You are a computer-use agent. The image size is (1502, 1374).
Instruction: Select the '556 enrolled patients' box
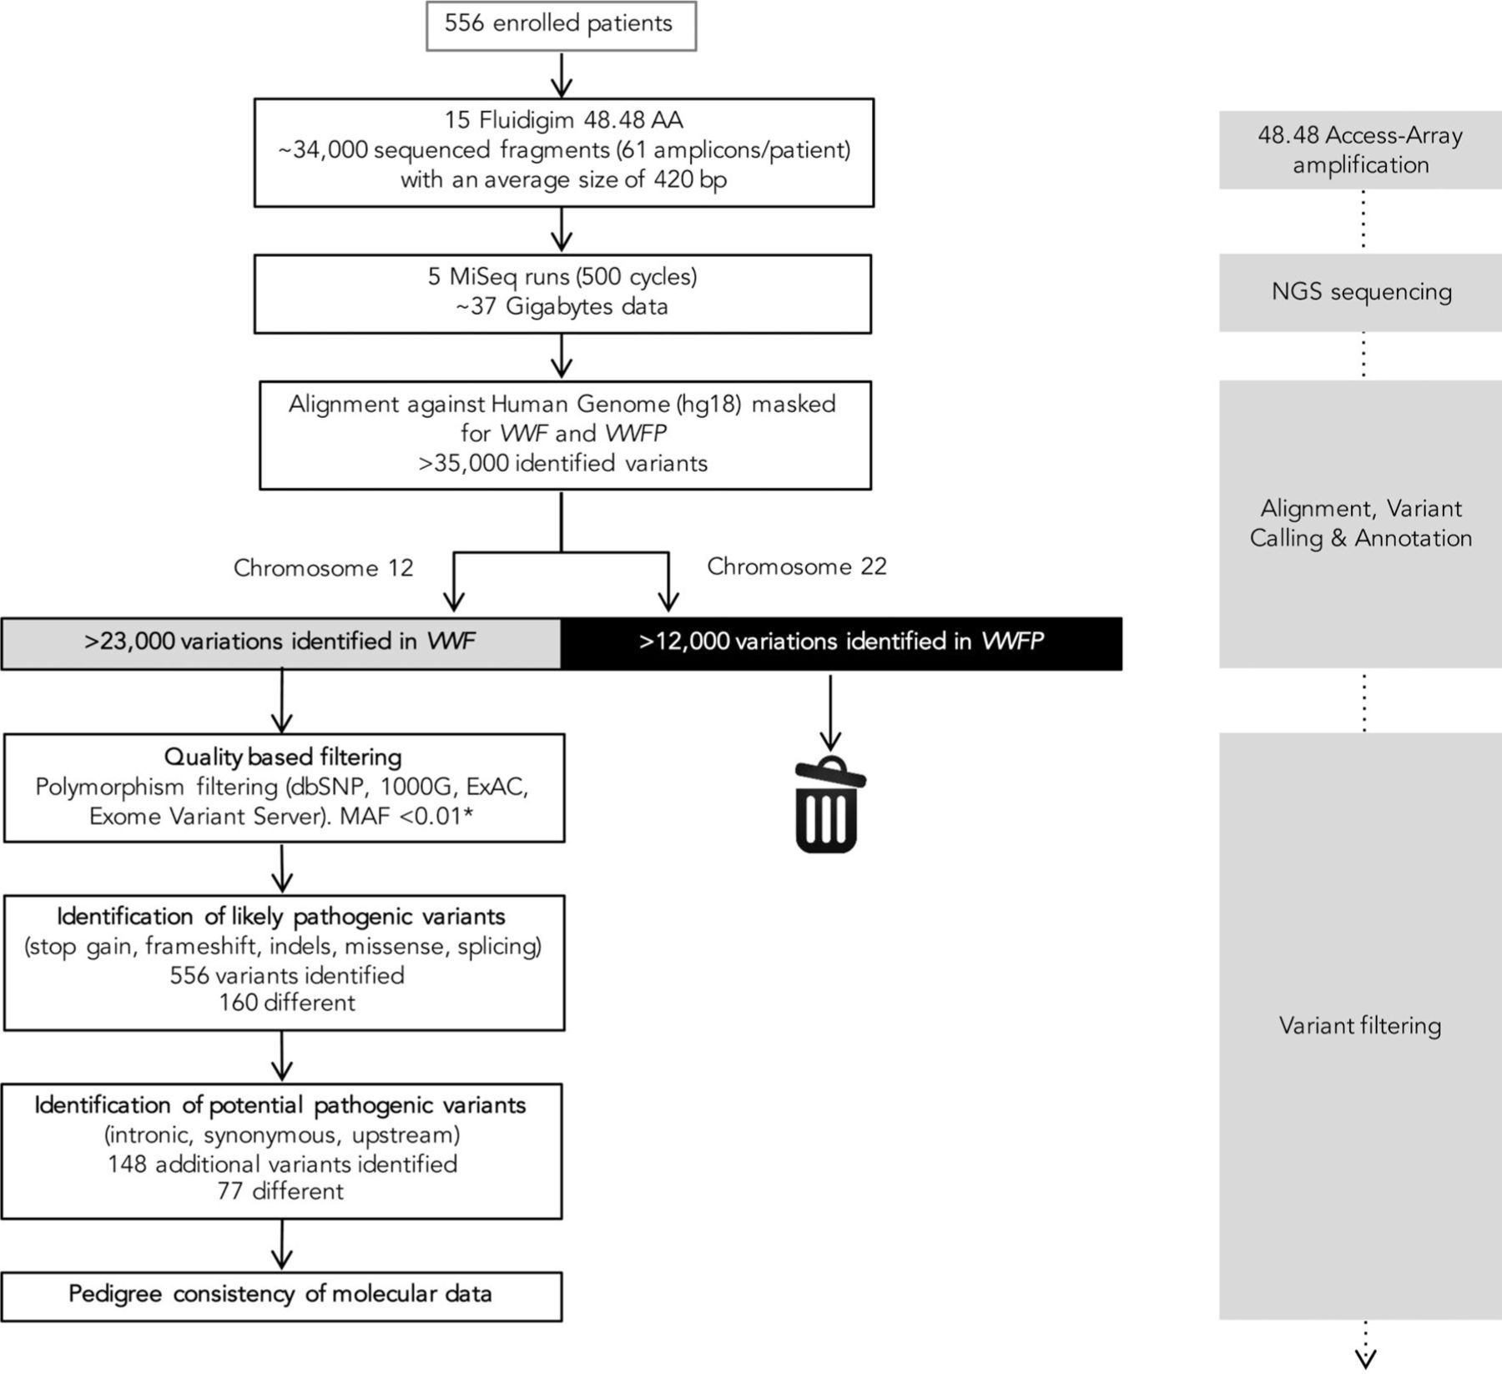(561, 27)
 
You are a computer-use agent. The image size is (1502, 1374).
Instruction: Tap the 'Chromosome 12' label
(323, 568)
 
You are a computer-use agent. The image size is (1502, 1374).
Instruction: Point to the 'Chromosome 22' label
(796, 566)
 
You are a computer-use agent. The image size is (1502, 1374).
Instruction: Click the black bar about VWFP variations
(841, 642)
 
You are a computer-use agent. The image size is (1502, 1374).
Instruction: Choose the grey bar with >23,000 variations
(280, 642)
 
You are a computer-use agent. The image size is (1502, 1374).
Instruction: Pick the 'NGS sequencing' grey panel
(1361, 292)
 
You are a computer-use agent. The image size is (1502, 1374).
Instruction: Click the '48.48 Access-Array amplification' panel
(1360, 150)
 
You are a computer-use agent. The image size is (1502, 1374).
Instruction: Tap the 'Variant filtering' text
(1360, 1025)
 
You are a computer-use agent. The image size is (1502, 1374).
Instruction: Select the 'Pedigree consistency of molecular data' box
(280, 1294)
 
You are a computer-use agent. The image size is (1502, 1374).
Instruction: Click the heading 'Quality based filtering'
(283, 757)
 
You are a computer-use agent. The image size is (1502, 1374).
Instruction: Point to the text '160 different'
(287, 1002)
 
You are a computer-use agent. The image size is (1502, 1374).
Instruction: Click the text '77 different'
(280, 1190)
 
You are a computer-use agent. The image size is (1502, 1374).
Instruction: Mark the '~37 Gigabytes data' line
(562, 307)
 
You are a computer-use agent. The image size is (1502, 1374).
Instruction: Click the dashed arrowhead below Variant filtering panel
(1364, 1357)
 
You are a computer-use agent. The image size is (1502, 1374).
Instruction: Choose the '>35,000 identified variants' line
(563, 463)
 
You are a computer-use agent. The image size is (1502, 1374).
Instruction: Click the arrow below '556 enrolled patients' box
(562, 75)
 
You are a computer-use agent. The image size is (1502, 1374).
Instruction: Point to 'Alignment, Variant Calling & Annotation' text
(1360, 523)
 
